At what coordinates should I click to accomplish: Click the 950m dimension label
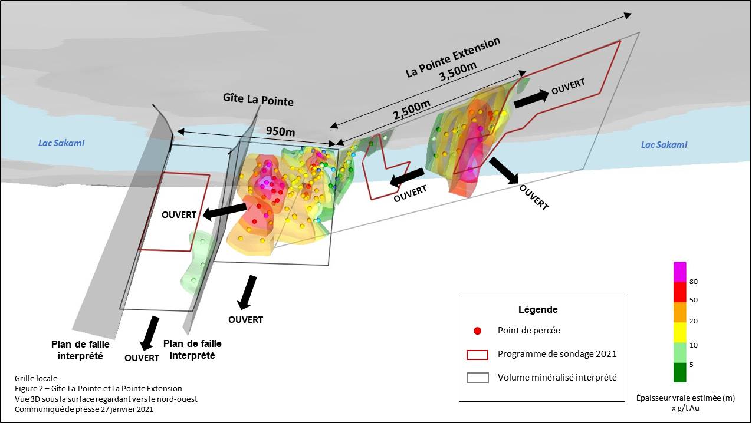(280, 131)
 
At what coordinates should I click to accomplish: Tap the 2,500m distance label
(412, 110)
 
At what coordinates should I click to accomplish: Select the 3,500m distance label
(458, 71)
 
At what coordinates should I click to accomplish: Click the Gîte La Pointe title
(258, 100)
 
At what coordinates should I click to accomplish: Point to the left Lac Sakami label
(61, 143)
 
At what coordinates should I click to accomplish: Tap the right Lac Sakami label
(664, 145)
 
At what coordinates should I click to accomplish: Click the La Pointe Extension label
(453, 57)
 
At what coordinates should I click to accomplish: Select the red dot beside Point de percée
(477, 331)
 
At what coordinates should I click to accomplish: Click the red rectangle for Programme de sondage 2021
(477, 355)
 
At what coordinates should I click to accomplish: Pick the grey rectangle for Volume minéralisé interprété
(477, 378)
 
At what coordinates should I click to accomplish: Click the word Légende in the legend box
(538, 309)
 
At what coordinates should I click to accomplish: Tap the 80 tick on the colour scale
(694, 282)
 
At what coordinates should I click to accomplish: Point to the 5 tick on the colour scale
(692, 365)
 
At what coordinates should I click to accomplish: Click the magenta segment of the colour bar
(680, 272)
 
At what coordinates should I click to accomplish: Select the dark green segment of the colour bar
(680, 372)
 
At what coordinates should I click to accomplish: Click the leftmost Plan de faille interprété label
(80, 350)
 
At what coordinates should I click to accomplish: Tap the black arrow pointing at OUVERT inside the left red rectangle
(224, 211)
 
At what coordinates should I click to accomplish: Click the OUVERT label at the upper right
(568, 86)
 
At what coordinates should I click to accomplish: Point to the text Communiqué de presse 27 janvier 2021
(84, 409)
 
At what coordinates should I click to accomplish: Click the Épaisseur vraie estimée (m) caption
(685, 398)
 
